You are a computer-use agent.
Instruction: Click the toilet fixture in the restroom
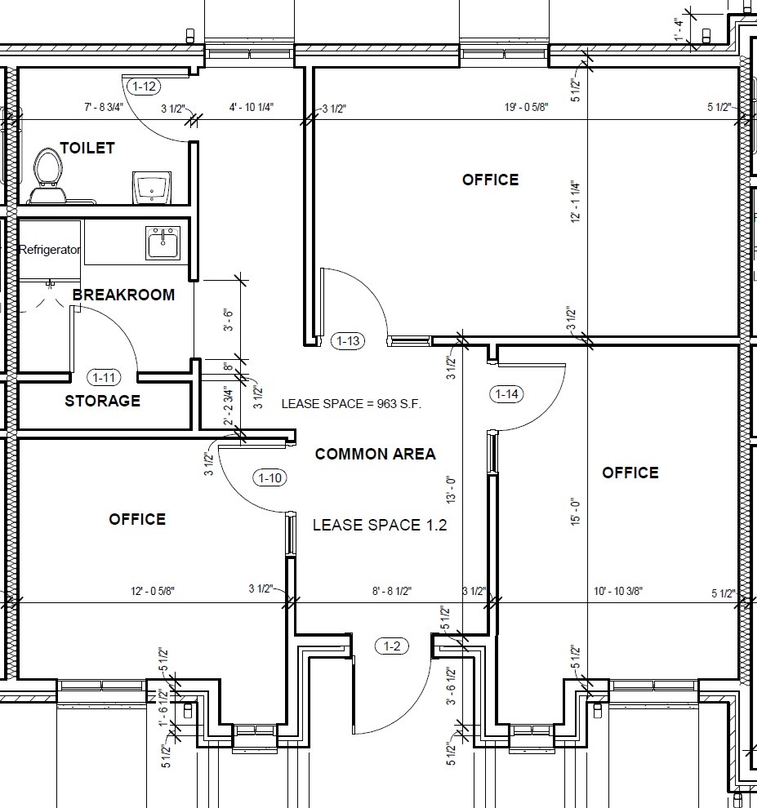pos(47,176)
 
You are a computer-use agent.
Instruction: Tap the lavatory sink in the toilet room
pos(152,187)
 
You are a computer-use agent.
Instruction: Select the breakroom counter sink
pos(163,242)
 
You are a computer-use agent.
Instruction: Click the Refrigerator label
pos(50,250)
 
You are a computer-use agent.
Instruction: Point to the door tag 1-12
pos(144,86)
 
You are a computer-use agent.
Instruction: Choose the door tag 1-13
pos(348,340)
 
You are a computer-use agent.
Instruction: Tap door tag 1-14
pos(506,394)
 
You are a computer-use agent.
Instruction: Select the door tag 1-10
pos(269,477)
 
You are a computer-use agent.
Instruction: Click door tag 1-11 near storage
pos(104,377)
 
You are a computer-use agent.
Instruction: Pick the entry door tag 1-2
pos(392,646)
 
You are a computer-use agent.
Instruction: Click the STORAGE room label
pos(103,401)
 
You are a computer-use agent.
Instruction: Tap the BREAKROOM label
pos(124,295)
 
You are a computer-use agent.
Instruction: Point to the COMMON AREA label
pos(376,454)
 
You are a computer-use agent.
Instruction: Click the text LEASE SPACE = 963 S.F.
pos(351,404)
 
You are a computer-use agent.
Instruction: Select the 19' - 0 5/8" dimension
pos(527,107)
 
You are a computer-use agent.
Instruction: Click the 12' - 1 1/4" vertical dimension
pos(576,202)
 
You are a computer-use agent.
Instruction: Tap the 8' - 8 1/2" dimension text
pos(392,591)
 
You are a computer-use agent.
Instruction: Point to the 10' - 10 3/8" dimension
pos(618,591)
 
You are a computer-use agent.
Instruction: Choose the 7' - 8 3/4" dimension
pos(104,107)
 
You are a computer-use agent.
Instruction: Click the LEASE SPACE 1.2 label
pos(380,525)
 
